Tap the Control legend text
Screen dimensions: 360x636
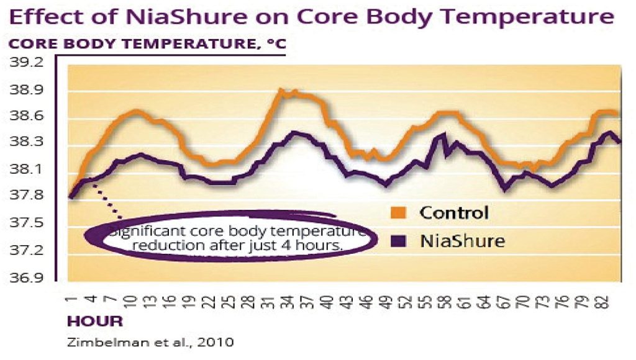tap(454, 213)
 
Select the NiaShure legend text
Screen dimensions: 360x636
tap(460, 239)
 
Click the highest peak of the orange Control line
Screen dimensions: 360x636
tap(281, 91)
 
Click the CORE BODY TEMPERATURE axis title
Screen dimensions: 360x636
tap(147, 45)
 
